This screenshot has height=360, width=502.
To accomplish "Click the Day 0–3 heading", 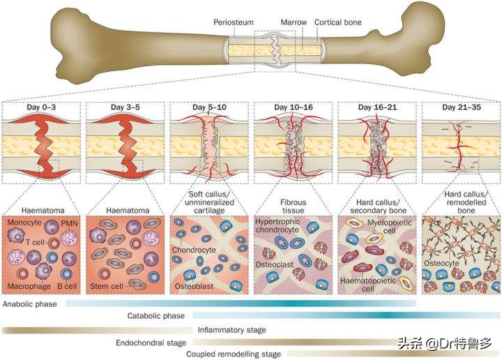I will pyautogui.click(x=41, y=107).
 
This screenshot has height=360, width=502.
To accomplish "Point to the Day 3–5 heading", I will pyautogui.click(x=125, y=107).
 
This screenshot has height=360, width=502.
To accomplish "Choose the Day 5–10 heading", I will pyautogui.click(x=210, y=107).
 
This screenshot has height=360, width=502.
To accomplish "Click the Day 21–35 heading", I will pyautogui.click(x=461, y=107).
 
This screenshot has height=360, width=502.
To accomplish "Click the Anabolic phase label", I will pyautogui.click(x=31, y=305).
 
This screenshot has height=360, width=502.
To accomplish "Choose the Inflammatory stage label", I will pyautogui.click(x=232, y=329).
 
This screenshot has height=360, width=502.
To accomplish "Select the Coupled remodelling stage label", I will pyautogui.click(x=234, y=354).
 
